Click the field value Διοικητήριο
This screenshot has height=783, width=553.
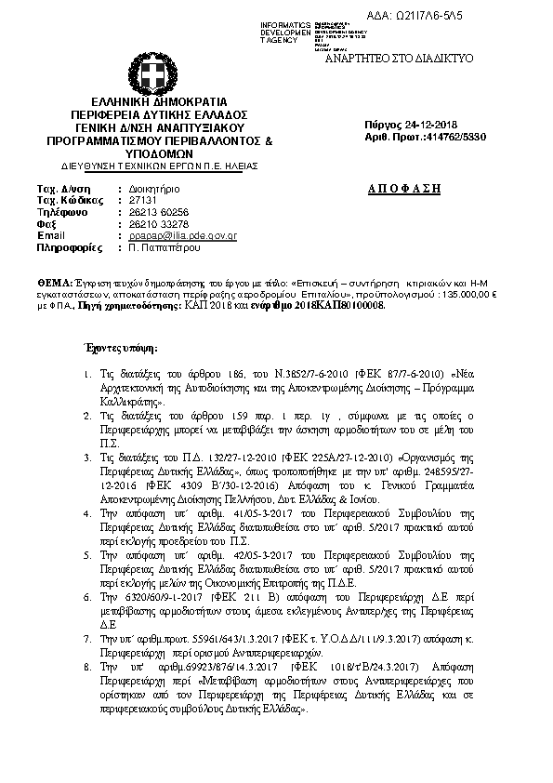point(154,188)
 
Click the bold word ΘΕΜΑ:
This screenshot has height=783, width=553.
point(54,279)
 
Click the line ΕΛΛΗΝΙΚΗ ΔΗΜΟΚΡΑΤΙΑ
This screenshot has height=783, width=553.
point(159,101)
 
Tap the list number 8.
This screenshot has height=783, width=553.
point(85,693)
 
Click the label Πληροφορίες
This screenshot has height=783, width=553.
point(69,248)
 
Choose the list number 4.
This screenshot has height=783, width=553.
point(85,513)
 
